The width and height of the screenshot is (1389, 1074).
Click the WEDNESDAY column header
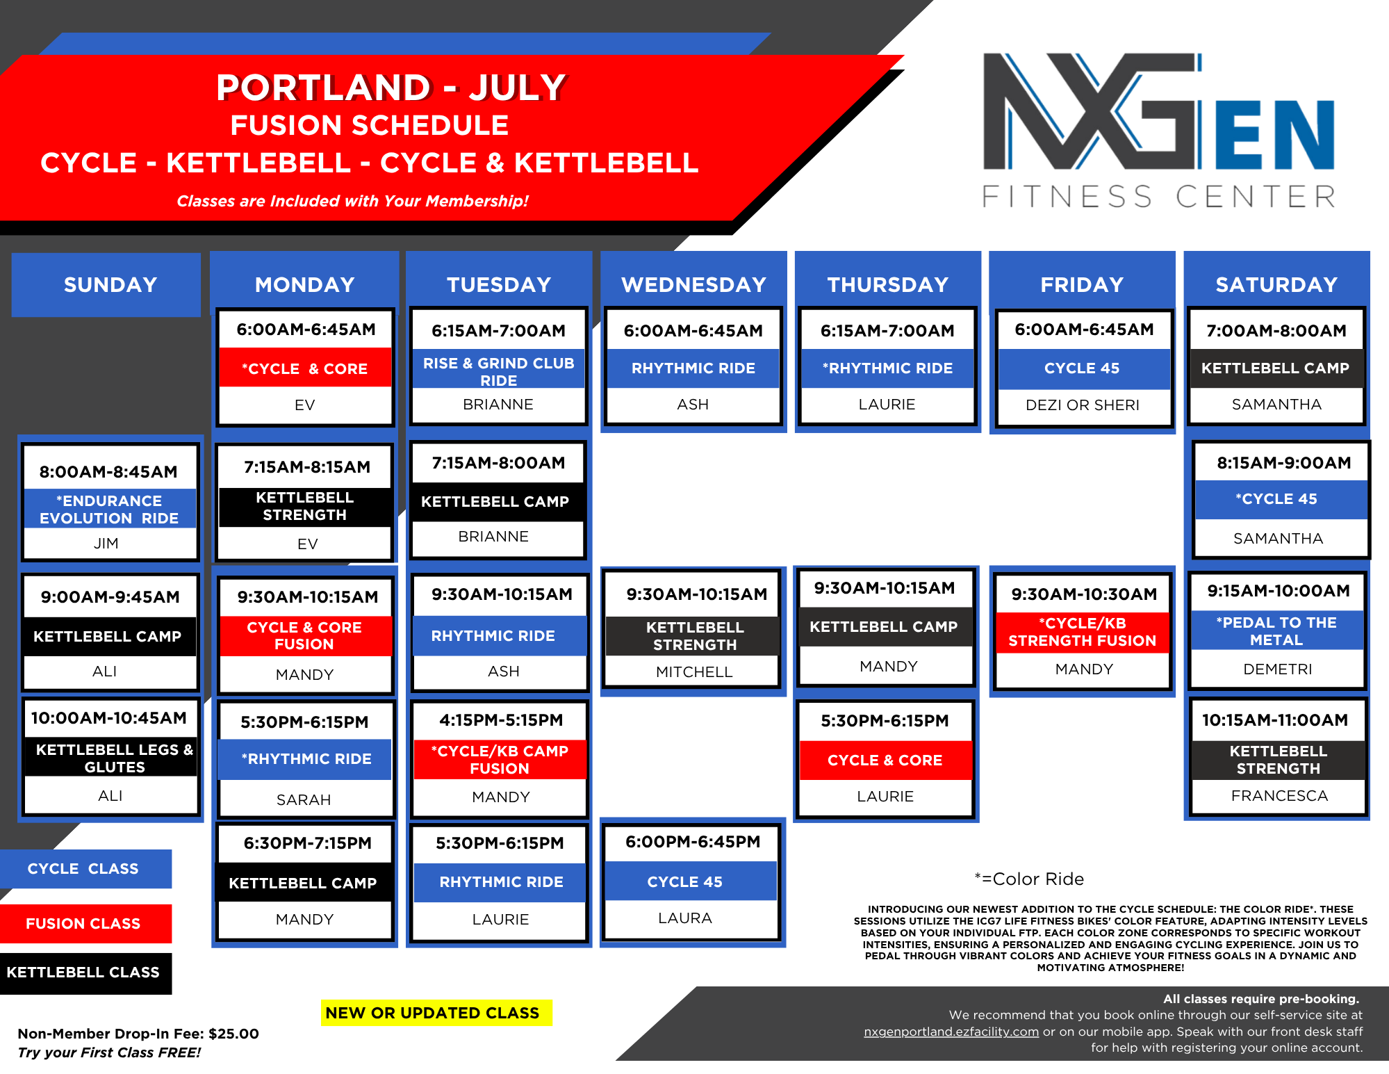693,284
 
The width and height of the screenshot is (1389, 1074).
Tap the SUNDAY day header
110,284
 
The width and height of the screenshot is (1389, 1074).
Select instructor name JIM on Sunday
106,543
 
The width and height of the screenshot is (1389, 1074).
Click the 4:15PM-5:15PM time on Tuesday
501,720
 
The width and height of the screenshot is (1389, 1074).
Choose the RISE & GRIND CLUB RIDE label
499,371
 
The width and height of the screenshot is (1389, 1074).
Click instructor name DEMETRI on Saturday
1278,669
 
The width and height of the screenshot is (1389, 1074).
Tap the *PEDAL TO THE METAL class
1277,630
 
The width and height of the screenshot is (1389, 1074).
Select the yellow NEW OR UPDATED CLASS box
436,1013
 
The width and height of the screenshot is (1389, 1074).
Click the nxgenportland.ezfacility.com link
951,1032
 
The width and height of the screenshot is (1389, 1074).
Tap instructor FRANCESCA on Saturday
1279,795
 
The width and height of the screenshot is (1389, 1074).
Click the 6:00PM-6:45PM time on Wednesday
693,842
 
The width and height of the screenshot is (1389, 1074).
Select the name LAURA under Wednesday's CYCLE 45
685,918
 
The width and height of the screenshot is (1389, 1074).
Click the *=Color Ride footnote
1029,879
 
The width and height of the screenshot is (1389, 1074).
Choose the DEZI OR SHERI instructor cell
1083,405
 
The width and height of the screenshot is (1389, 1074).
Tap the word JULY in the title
518,88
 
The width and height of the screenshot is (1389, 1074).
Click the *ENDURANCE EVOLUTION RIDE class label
109,509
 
